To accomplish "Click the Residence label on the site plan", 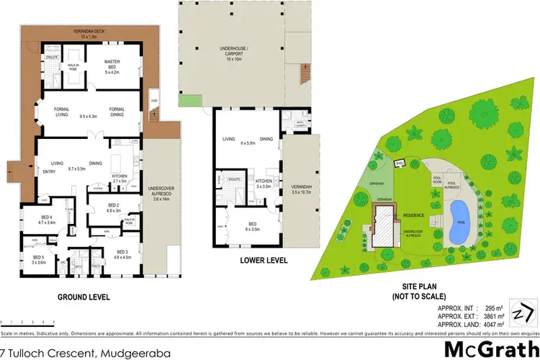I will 413,215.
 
